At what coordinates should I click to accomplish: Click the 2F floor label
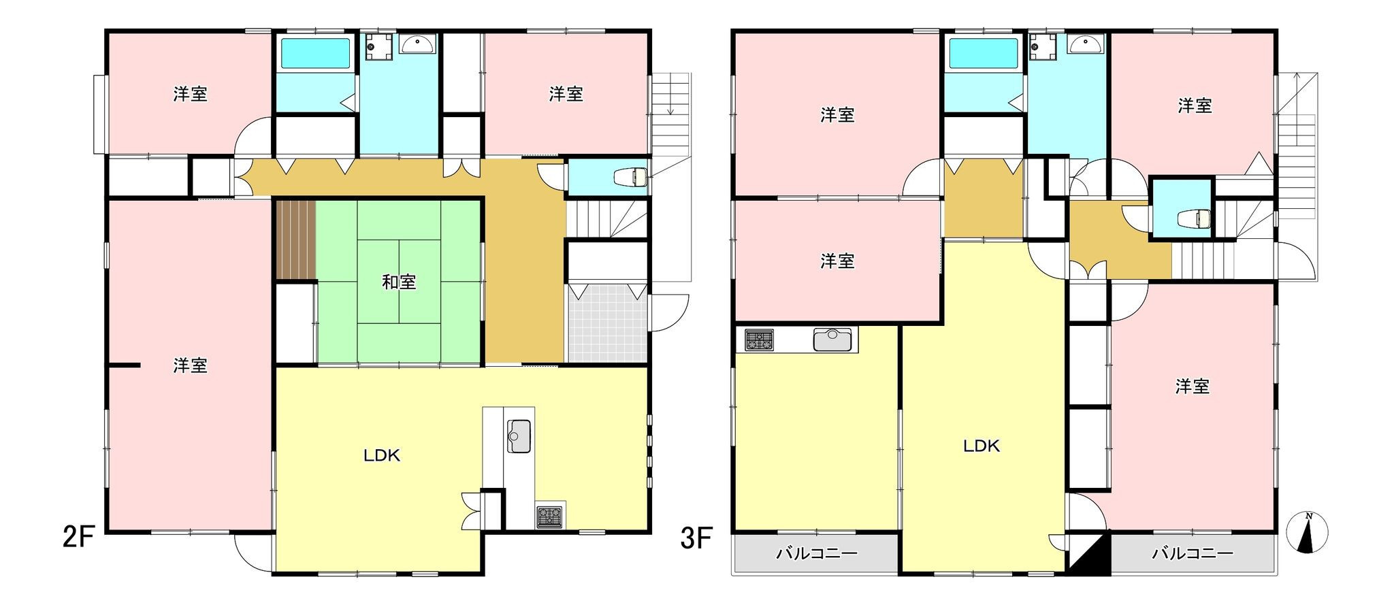[x=78, y=538]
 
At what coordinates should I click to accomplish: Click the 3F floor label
[x=696, y=539]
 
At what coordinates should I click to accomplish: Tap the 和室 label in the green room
[x=399, y=282]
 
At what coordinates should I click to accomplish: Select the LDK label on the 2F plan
[x=382, y=456]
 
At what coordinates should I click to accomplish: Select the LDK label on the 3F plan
[x=981, y=446]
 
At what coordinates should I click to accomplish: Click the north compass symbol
[x=1308, y=532]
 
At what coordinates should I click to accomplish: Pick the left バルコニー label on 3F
[x=817, y=553]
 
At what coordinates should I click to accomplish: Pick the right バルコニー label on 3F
[x=1193, y=553]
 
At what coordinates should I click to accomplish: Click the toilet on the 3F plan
[x=1195, y=218]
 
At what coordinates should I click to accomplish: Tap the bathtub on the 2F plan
[x=315, y=52]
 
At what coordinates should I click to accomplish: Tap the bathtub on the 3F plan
[x=984, y=52]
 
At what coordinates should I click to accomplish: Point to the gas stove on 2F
[x=550, y=517]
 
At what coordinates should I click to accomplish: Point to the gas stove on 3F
[x=760, y=340]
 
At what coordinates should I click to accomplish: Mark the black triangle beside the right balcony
[x=1089, y=553]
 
